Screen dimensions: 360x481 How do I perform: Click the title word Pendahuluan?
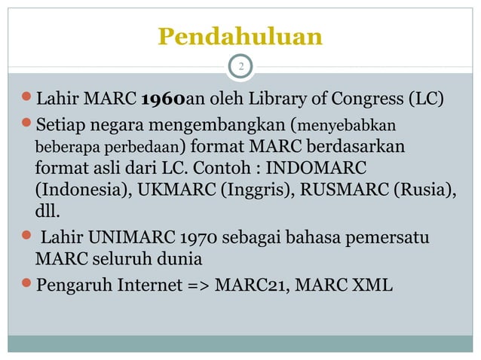[240, 36]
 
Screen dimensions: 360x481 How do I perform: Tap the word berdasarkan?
[358, 143]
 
